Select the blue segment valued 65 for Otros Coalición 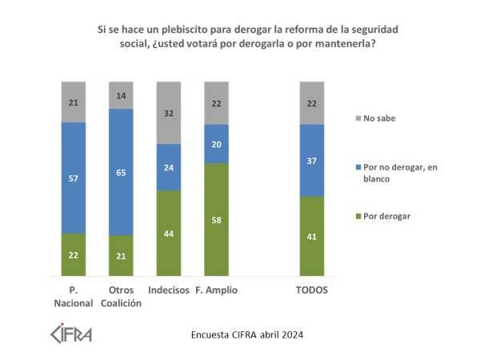[x=120, y=172]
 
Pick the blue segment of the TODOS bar [x=312, y=160]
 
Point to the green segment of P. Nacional [x=73, y=254]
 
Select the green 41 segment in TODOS [x=312, y=236]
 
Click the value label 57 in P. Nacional [x=73, y=178]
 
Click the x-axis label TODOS [x=312, y=290]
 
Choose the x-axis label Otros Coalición [x=120, y=295]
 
